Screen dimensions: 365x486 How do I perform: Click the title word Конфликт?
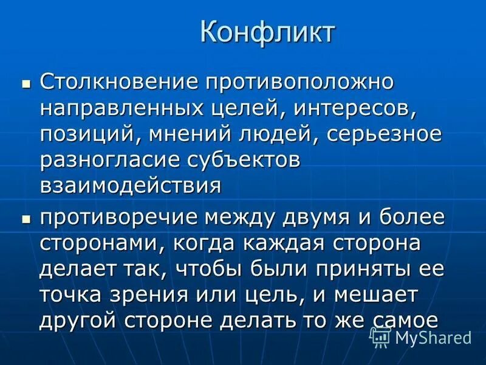(x=267, y=32)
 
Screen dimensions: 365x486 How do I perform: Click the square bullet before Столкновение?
(x=26, y=82)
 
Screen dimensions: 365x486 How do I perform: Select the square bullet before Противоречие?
(x=26, y=217)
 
